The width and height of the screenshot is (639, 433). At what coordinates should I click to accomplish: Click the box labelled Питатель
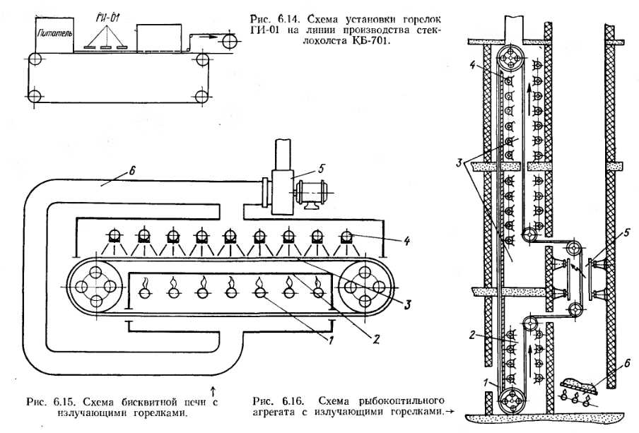coord(52,34)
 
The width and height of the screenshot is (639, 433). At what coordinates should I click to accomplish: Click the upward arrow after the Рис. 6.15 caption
coord(213,389)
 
